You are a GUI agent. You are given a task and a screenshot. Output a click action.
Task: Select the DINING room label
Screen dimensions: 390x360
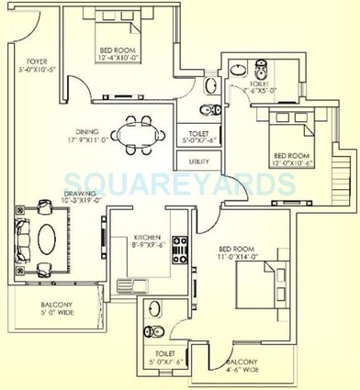[x=86, y=131]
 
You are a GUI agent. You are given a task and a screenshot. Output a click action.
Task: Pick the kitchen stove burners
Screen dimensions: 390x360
[x=179, y=246]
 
